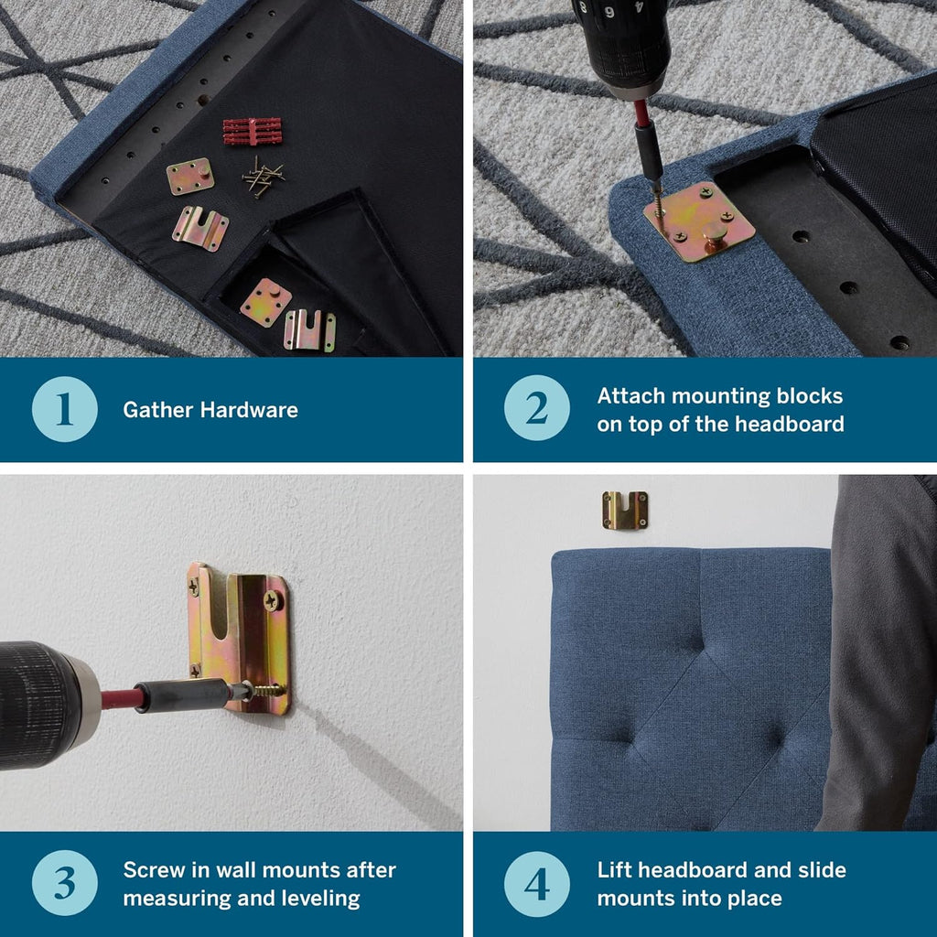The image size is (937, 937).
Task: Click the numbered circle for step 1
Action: [65, 409]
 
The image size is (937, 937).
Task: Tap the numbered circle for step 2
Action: [536, 408]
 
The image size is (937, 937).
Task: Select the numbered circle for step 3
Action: [65, 883]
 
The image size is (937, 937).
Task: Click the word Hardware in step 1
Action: [249, 410]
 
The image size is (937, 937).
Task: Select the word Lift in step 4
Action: [614, 870]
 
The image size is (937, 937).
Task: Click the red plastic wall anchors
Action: [253, 132]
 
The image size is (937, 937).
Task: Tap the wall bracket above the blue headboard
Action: [624, 510]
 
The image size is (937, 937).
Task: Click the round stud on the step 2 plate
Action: [716, 232]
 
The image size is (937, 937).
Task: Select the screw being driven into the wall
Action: [265, 691]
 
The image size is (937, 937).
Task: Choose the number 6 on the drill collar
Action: [609, 11]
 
